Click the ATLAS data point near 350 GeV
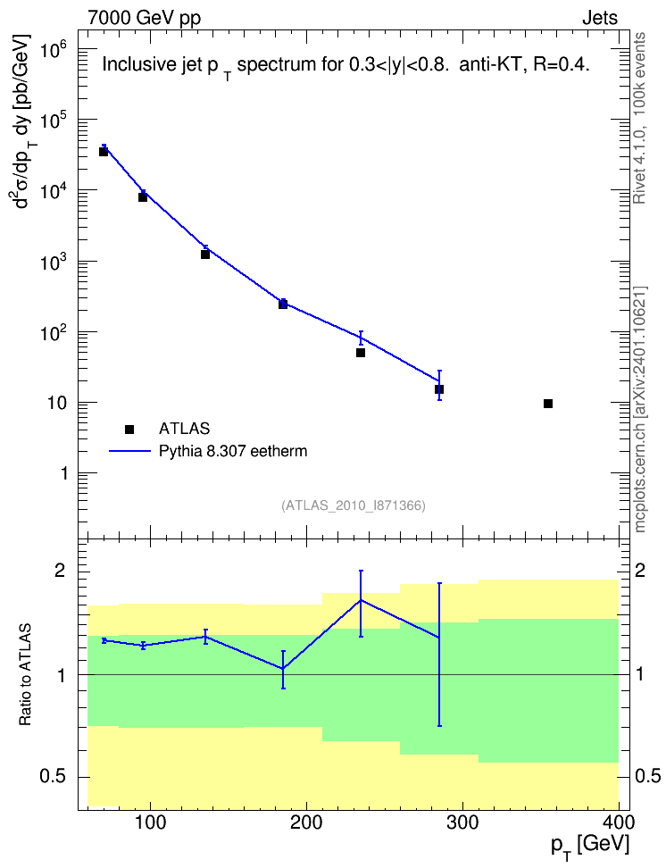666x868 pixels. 548,404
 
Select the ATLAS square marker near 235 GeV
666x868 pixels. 361,353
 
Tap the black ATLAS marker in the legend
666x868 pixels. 129,429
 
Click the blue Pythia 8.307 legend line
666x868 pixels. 129,451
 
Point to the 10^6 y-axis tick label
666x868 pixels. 54,53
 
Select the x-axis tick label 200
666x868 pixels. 306,822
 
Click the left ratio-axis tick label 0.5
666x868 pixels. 54,776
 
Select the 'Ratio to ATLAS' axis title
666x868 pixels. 25,675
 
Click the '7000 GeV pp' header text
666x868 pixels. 144,18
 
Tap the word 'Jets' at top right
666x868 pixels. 600,18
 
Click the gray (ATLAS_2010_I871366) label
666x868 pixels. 354,505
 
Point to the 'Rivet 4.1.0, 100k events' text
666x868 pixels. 639,118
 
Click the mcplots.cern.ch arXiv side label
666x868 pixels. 639,410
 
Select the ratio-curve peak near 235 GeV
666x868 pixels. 361,600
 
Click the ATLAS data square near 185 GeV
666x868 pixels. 283,304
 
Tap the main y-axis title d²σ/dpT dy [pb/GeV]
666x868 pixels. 23,121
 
